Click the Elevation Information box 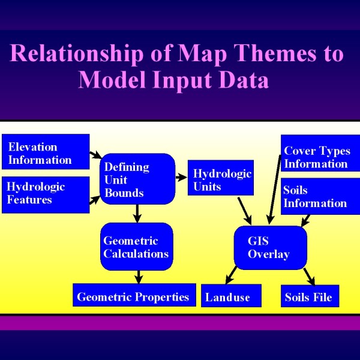coord(46,152)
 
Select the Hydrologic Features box coord(46,194)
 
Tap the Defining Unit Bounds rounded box coord(137,179)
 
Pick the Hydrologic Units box coord(221,178)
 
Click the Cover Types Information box coord(320,153)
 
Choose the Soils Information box coord(320,196)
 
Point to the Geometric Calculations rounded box coord(137,247)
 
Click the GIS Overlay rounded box coord(271,247)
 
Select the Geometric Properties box coord(134,295)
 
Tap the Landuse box coord(231,295)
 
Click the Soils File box coord(310,296)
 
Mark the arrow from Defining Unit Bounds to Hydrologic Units coord(181,177)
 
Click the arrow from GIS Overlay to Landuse coord(231,275)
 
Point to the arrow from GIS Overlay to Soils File coord(310,277)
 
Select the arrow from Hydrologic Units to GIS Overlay coord(245,211)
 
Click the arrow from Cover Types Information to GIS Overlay coord(275,190)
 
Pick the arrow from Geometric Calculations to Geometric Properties coord(139,277)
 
